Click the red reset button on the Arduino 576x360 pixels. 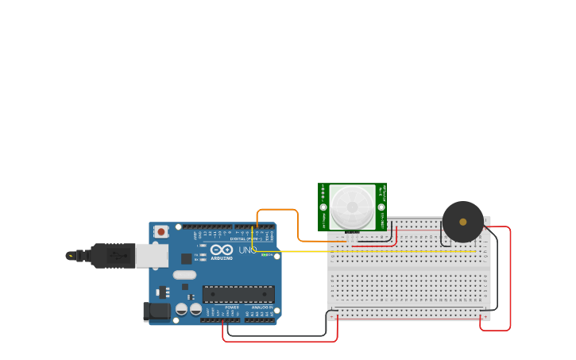pyautogui.click(x=161, y=232)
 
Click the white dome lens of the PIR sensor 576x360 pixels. pyautogui.click(x=352, y=207)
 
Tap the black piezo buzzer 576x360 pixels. pyautogui.click(x=463, y=222)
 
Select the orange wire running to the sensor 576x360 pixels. pyautogui.click(x=278, y=210)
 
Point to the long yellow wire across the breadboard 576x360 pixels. pyautogui.click(x=373, y=252)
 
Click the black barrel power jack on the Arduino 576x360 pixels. pyautogui.click(x=157, y=312)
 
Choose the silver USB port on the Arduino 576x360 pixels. pyautogui.click(x=151, y=255)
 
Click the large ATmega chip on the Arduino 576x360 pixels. pyautogui.click(x=238, y=294)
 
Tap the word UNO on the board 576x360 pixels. pyautogui.click(x=247, y=250)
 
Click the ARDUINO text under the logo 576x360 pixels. pyautogui.click(x=222, y=258)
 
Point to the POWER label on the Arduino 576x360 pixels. pyautogui.click(x=232, y=307)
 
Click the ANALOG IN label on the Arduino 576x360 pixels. pyautogui.click(x=262, y=307)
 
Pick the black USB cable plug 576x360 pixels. pyautogui.click(x=111, y=255)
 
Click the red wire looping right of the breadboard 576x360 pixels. pyautogui.click(x=509, y=278)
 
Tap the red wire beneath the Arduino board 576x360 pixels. pyautogui.click(x=278, y=342)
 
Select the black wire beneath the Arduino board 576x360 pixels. pyautogui.click(x=278, y=336)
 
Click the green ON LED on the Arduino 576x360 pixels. pyautogui.click(x=265, y=255)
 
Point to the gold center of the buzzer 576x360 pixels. pyautogui.click(x=463, y=222)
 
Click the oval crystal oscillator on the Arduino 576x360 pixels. pyautogui.click(x=184, y=275)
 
